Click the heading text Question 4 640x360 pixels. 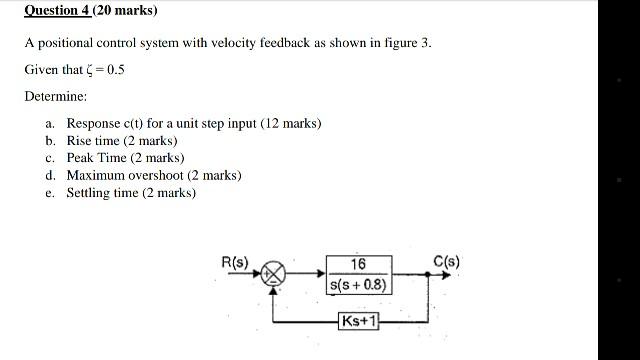click(x=58, y=11)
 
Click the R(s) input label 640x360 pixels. click(x=236, y=262)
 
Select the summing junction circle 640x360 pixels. click(x=273, y=272)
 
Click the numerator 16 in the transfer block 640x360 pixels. click(x=358, y=264)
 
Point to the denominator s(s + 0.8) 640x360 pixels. click(x=359, y=285)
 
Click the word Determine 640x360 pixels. click(x=56, y=97)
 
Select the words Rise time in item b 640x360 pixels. click(x=93, y=141)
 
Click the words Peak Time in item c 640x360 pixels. click(x=96, y=158)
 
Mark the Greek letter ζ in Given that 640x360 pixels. click(x=90, y=71)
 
